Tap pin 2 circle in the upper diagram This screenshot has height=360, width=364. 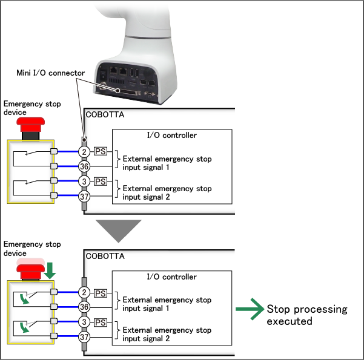click(85, 151)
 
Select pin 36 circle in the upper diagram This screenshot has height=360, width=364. click(85, 166)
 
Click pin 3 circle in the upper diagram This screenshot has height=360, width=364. click(85, 181)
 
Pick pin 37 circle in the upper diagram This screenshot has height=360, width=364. click(85, 196)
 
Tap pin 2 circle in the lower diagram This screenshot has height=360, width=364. click(85, 293)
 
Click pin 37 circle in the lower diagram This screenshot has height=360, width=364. click(85, 337)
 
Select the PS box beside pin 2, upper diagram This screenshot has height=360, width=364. click(101, 151)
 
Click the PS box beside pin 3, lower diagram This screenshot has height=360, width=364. click(101, 322)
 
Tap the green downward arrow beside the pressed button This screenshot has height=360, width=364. click(50, 269)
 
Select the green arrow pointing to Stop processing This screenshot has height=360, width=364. click(248, 310)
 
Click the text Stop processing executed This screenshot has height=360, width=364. click(307, 315)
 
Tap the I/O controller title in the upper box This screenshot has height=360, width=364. click(171, 135)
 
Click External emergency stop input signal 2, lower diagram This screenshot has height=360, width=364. click(167, 335)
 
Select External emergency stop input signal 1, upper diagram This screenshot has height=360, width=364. click(167, 163)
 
